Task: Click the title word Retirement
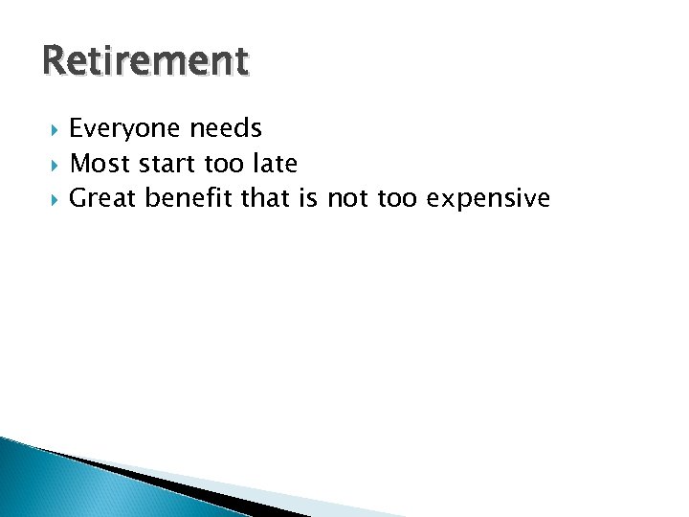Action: point(145,61)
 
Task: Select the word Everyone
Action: point(125,129)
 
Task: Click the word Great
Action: point(104,198)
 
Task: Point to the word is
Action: point(310,198)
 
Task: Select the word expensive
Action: point(489,199)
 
